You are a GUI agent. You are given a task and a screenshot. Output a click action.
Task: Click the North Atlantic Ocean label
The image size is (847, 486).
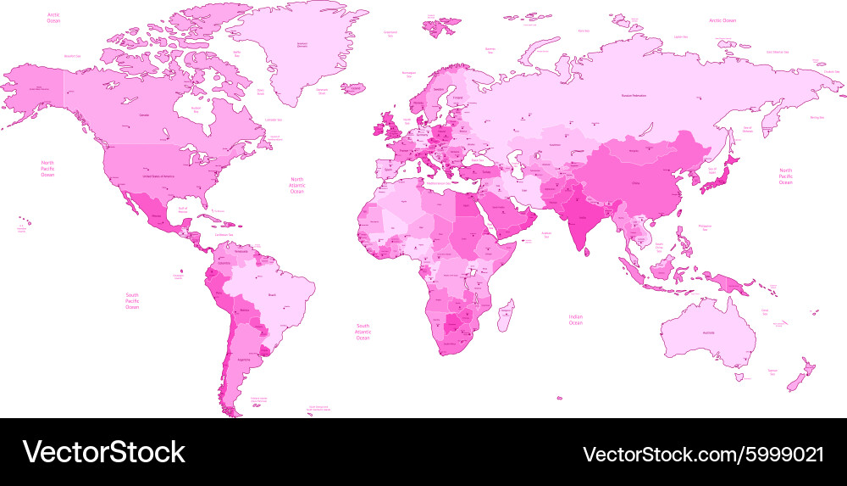[296, 186]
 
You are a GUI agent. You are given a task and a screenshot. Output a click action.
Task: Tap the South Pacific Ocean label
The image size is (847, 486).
[132, 300]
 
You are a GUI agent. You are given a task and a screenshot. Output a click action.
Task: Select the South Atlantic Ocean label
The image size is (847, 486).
[363, 332]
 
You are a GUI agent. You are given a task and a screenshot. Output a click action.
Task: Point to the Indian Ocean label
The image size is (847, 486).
[575, 320]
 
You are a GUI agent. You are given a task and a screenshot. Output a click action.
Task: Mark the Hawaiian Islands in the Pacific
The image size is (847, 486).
[22, 227]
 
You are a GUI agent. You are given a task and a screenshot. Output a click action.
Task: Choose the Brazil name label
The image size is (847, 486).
[271, 294]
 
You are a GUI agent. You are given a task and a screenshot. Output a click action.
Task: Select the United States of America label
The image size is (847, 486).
[158, 176]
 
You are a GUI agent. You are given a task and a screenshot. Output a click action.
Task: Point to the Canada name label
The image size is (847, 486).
[144, 115]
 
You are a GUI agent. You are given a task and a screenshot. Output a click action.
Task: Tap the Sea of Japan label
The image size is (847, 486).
[711, 170]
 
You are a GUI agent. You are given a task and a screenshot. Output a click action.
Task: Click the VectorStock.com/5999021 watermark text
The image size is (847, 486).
[704, 452]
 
